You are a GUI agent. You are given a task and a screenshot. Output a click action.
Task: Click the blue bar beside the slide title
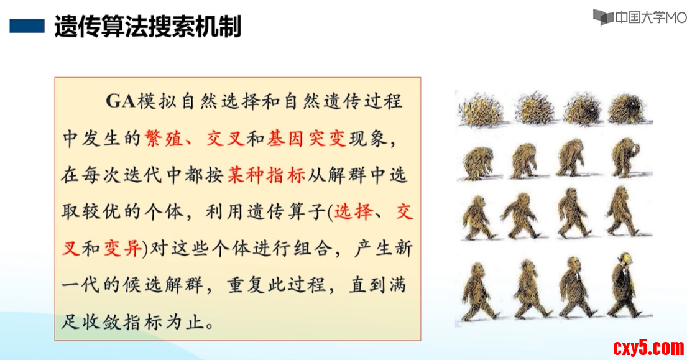coord(27,26)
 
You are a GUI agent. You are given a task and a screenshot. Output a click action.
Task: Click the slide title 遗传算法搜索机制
coord(147,26)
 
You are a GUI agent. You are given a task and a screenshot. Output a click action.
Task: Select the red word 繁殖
coord(164,139)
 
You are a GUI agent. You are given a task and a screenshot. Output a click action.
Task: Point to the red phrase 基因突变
coord(307,139)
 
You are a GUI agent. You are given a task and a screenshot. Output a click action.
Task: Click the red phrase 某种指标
coord(266,175)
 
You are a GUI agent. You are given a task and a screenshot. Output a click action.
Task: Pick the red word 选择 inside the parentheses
coord(354,212)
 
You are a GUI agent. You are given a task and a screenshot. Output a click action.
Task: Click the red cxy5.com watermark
coord(648,348)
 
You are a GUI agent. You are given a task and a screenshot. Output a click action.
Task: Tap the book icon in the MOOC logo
coord(603,17)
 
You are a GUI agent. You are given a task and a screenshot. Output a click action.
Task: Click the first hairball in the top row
coord(480,109)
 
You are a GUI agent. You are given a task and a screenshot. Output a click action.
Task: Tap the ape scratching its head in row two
coord(625,158)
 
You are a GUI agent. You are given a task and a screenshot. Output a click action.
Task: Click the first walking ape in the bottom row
coord(479,290)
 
